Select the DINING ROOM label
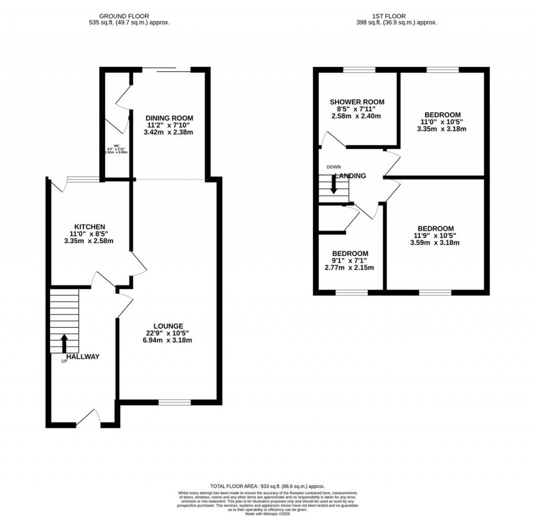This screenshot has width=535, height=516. [x=169, y=118]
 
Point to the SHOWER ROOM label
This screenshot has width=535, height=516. [x=357, y=102]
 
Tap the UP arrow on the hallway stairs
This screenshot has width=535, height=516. [x=64, y=343]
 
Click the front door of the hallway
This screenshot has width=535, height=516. [x=89, y=418]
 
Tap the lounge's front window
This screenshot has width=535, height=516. [x=175, y=402]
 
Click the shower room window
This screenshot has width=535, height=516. [x=359, y=70]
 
